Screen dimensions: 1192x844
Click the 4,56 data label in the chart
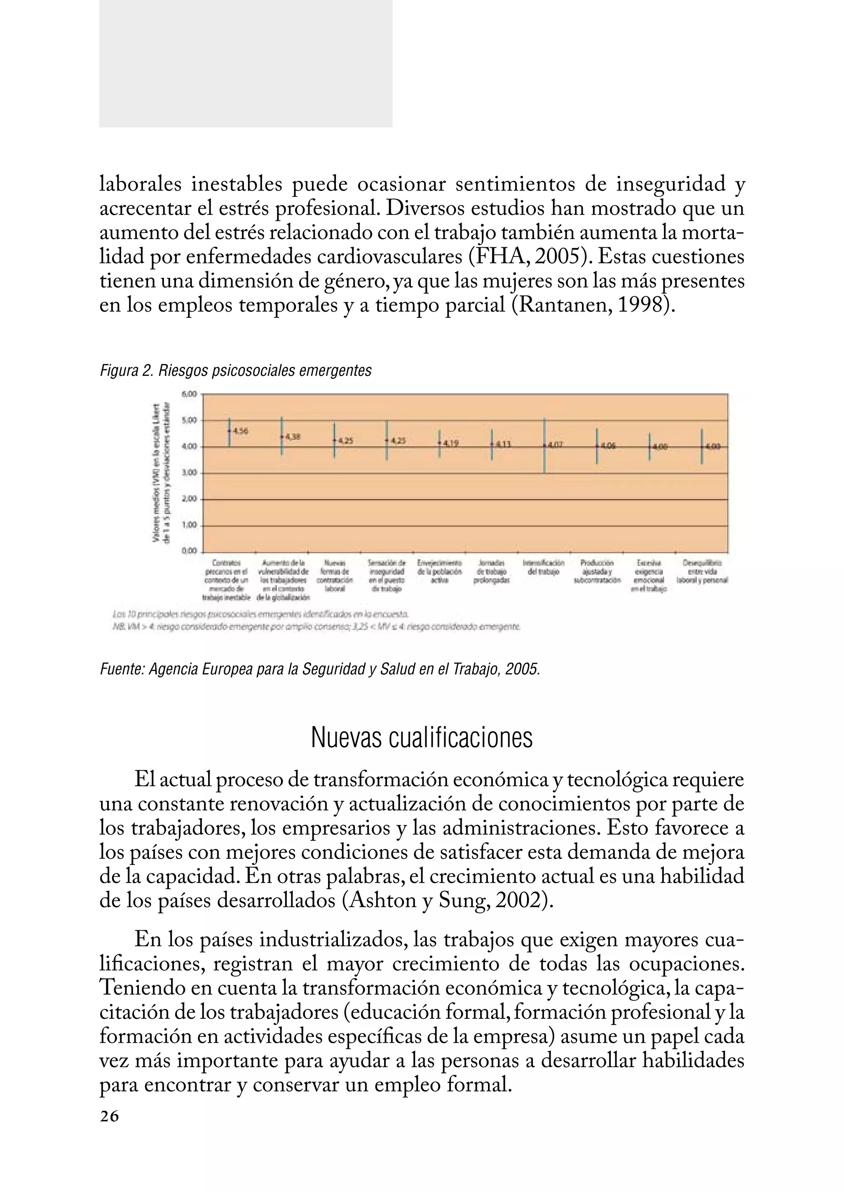[x=241, y=431]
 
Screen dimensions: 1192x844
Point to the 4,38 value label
[x=294, y=437]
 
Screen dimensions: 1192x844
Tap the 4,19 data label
[x=451, y=443]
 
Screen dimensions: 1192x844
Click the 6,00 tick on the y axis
[x=190, y=394]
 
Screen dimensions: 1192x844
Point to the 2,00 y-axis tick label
[x=190, y=499]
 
